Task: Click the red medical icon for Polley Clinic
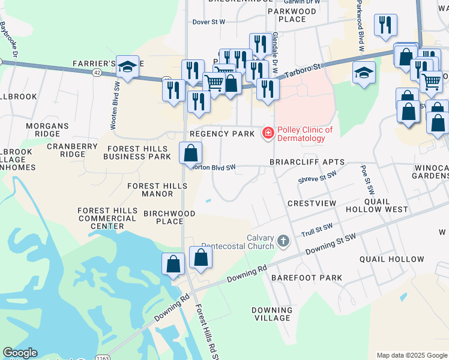coord(268,133)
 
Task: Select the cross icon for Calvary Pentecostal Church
coord(283,241)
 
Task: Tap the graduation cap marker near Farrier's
coord(127,68)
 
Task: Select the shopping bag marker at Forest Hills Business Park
coord(191,153)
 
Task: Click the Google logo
coord(20,353)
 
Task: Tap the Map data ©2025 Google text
coord(411,355)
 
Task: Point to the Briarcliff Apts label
coord(307,162)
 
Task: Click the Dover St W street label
coord(208,22)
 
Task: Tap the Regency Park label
coord(221,134)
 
